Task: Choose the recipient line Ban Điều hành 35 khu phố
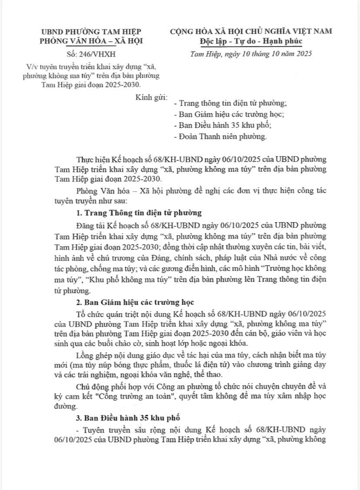pyautogui.click(x=222, y=126)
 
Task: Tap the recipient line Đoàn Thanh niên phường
pyautogui.click(x=219, y=137)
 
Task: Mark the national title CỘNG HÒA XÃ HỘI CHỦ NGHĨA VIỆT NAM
pyautogui.click(x=251, y=31)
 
